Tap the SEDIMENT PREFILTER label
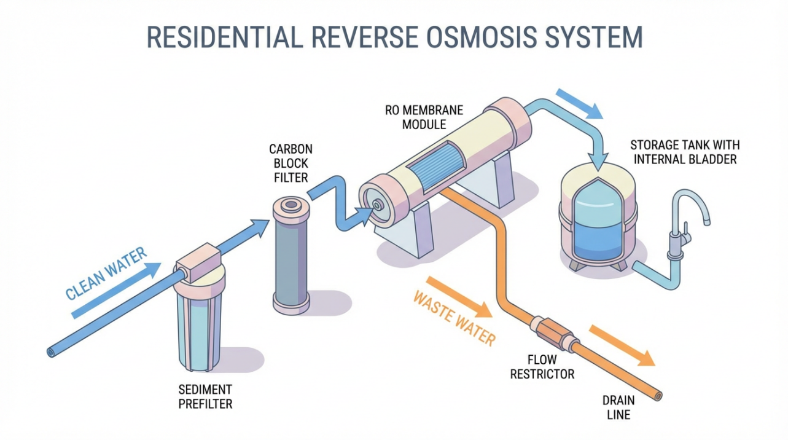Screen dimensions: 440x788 click(x=205, y=397)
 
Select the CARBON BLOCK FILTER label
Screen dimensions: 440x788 click(x=291, y=163)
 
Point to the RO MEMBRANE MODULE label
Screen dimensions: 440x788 click(x=424, y=117)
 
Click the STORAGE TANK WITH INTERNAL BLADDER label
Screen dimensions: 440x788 click(x=684, y=152)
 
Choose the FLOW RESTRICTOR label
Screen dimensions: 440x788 click(x=542, y=367)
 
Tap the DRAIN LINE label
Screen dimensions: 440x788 click(x=618, y=408)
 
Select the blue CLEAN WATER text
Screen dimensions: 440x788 click(x=106, y=273)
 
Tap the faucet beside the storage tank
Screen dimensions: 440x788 click(x=686, y=218)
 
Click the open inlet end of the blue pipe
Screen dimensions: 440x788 click(x=51, y=352)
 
